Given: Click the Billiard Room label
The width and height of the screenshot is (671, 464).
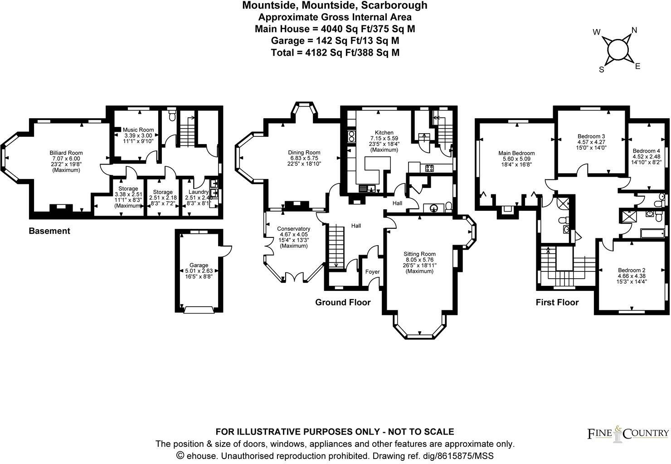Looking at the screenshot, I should [66, 153].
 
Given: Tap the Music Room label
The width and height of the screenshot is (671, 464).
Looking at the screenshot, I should [139, 130].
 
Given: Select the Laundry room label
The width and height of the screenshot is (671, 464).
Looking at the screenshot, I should [198, 192].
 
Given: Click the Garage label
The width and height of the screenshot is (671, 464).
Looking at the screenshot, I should [199, 265].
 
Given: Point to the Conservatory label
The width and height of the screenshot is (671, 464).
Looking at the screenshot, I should [294, 229].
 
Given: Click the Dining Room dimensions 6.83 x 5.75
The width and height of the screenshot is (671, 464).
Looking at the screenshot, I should [304, 158].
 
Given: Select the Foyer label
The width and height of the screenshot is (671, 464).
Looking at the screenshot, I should [372, 272].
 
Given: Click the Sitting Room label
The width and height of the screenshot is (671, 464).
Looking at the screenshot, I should [419, 254].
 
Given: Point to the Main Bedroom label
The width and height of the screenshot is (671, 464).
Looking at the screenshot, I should [516, 153].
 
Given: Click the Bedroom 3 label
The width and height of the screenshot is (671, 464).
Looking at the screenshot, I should [591, 136].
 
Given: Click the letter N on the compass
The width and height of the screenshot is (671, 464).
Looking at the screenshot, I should [634, 30].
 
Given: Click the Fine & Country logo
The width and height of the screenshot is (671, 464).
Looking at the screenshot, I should [628, 434].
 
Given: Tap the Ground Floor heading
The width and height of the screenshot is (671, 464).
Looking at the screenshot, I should [343, 302].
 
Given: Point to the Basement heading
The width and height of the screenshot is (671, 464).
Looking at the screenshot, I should [49, 231].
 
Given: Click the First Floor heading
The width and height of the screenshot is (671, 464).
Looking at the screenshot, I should [557, 302].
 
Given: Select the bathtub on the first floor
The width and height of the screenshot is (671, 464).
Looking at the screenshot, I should [653, 233].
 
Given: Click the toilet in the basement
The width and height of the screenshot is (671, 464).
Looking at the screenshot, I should [172, 116].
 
